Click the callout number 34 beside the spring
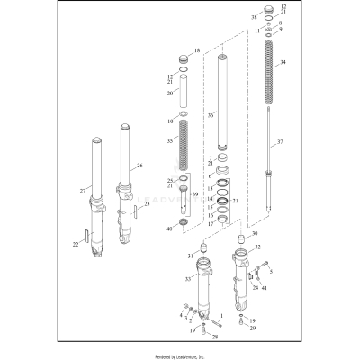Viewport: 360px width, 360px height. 283,63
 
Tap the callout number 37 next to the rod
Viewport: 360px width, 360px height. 279,143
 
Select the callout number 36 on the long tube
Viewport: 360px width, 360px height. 211,114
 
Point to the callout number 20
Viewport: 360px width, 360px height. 170,93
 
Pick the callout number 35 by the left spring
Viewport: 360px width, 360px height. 171,141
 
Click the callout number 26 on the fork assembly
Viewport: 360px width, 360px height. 139,165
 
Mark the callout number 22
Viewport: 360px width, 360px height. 76,244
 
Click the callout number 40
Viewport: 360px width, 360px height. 170,229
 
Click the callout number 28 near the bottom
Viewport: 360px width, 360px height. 215,337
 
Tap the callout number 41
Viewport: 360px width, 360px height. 265,288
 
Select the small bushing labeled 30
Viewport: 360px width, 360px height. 241,239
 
